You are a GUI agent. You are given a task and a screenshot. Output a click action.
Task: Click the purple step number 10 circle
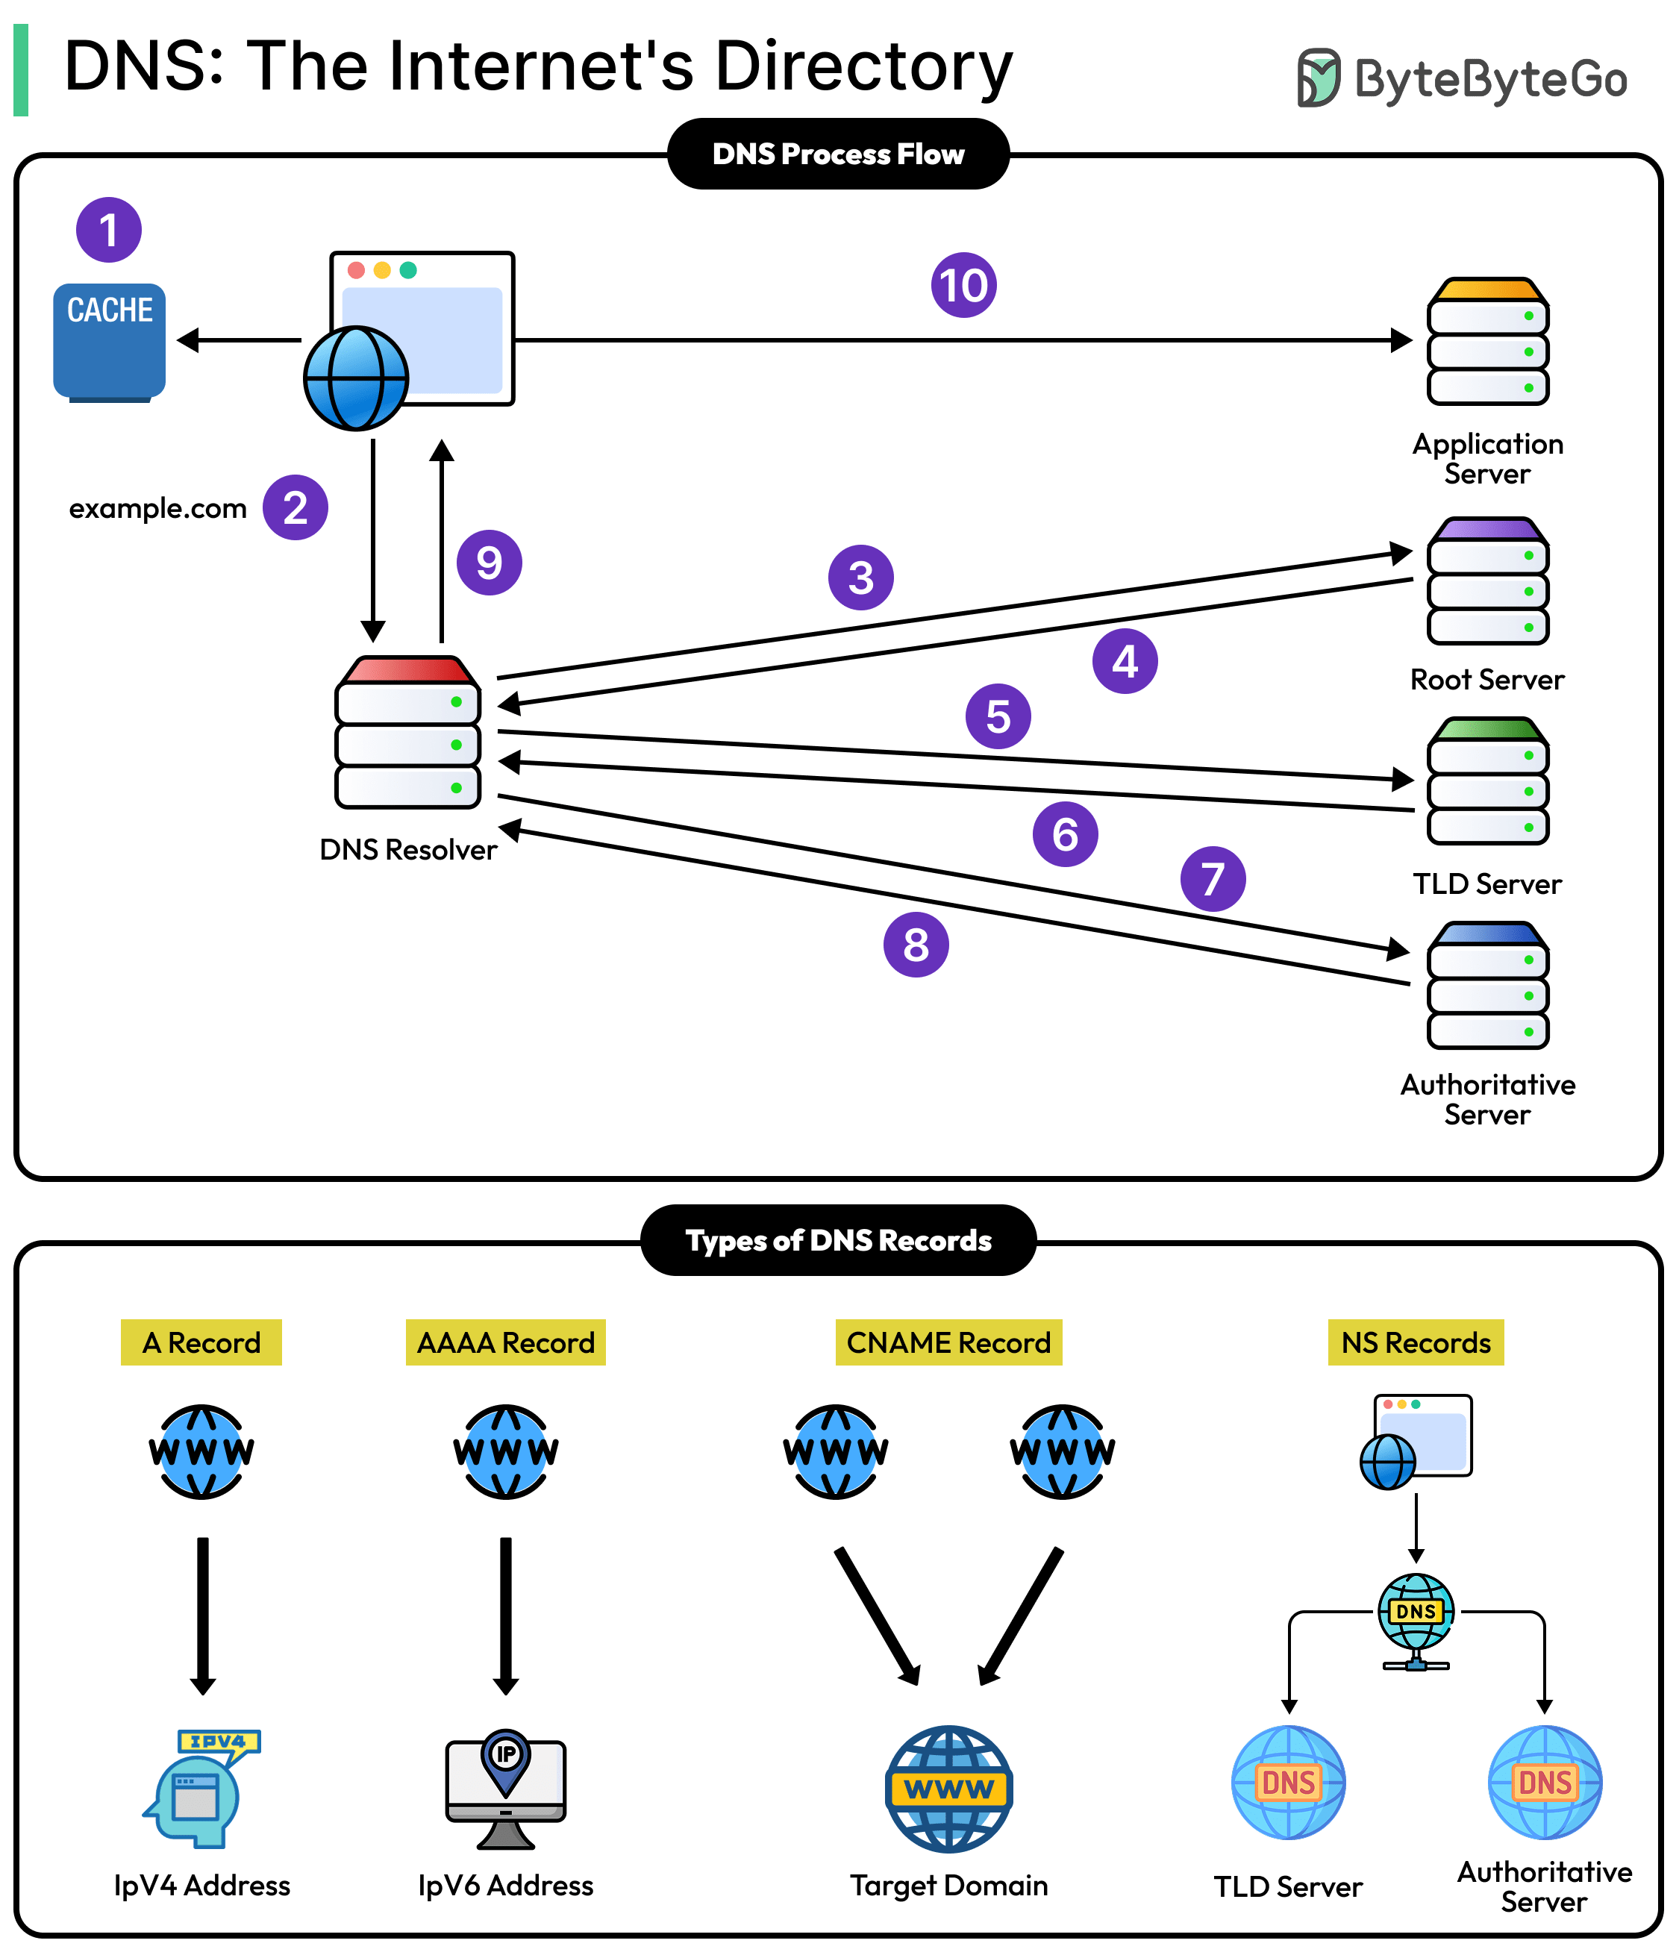(963, 284)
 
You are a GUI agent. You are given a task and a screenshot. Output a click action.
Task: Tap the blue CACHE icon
(110, 341)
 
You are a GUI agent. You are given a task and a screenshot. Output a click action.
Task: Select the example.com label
(157, 508)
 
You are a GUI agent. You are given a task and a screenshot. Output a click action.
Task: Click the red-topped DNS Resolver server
(408, 734)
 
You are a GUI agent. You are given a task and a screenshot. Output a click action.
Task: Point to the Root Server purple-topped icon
(1487, 581)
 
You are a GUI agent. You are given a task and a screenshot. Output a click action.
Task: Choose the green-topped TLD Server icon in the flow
(1487, 781)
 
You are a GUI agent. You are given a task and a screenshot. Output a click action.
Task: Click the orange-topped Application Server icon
(1487, 341)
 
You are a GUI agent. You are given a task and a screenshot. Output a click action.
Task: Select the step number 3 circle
(860, 578)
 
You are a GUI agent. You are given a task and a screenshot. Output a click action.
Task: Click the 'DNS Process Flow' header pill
(838, 154)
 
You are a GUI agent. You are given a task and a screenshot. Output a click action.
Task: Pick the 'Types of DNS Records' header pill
(838, 1240)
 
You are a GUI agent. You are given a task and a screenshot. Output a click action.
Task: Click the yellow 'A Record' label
(201, 1342)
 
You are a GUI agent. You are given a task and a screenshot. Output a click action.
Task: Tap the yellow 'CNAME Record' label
(948, 1342)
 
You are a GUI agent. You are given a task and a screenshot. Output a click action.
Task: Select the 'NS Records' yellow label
(1416, 1342)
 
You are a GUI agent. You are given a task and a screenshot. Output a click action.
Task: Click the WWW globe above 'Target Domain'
(948, 1788)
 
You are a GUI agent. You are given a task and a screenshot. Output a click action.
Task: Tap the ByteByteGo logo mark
(1318, 78)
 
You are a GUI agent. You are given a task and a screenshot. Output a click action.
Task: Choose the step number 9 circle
(489, 563)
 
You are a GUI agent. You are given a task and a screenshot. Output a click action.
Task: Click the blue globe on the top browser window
(356, 378)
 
